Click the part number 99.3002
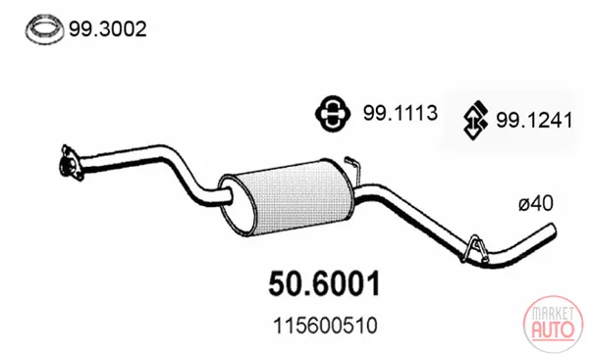coord(108,28)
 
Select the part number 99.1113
coord(401,113)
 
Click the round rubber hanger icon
coord(333,114)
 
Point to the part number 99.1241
coord(534,120)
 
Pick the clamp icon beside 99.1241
coord(475,120)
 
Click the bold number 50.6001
coord(325,284)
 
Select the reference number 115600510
coord(325,326)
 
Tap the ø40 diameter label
coord(536,204)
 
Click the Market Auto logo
coord(554,324)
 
